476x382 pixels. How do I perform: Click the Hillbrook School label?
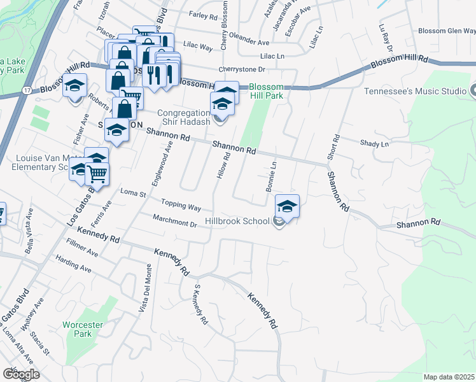click(x=237, y=222)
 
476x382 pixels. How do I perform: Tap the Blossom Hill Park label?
click(x=265, y=92)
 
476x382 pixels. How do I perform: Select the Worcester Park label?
click(x=83, y=329)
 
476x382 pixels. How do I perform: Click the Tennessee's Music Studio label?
click(x=415, y=91)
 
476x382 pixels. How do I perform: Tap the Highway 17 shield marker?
click(x=26, y=92)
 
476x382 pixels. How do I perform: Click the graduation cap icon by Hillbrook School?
click(x=287, y=206)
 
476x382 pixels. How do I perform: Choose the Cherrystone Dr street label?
click(x=241, y=69)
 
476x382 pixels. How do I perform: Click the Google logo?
click(x=21, y=374)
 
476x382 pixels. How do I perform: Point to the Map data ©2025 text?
click(x=449, y=377)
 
